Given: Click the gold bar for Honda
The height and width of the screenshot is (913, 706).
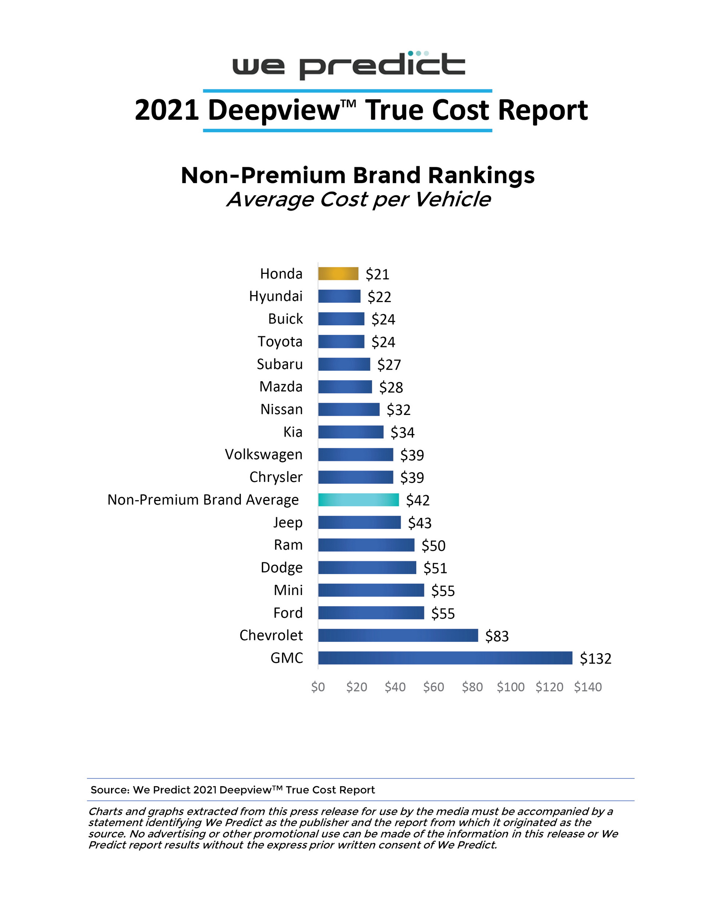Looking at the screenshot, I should (338, 273).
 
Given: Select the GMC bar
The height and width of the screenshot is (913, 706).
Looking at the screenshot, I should (445, 658).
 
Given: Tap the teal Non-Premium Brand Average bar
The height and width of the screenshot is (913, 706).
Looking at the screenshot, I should (359, 500).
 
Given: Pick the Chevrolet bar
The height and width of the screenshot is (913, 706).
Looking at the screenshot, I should (398, 635).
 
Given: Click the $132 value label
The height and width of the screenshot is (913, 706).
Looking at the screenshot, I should (595, 658).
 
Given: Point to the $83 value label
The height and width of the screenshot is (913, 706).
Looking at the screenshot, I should (497, 636).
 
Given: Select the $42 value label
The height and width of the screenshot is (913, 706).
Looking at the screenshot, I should (418, 500).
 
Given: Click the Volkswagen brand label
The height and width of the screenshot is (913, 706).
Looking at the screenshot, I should (264, 454).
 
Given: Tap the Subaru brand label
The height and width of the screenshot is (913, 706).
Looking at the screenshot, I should (279, 364).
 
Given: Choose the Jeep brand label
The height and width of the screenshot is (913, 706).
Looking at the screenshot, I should (288, 523).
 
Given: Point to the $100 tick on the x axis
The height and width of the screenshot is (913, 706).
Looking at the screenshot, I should (510, 687).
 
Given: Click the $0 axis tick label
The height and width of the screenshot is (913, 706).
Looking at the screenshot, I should (318, 687).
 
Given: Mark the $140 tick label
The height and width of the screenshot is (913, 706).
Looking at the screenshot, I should (588, 687).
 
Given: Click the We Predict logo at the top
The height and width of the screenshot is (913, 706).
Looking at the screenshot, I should (348, 65).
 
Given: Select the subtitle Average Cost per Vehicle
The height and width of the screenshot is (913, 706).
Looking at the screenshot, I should (358, 200).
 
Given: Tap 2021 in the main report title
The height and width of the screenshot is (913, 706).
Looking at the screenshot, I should (166, 110).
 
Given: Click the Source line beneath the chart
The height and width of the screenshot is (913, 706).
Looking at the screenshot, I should (232, 790).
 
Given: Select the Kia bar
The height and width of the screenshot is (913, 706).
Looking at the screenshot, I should (350, 432).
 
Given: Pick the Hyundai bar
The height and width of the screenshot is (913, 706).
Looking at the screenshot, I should (339, 296).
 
